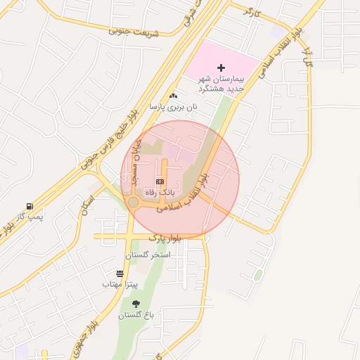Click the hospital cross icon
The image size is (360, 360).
pyautogui.click(x=221, y=68)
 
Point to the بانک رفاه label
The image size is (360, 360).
pyautogui.click(x=159, y=191)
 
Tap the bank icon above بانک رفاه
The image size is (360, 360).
pyautogui.click(x=159, y=181)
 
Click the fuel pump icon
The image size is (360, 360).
pyautogui.click(x=30, y=206)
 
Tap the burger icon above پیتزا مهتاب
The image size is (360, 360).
pyautogui.click(x=120, y=274)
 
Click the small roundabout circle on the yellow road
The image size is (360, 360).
pyautogui.click(x=133, y=202)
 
